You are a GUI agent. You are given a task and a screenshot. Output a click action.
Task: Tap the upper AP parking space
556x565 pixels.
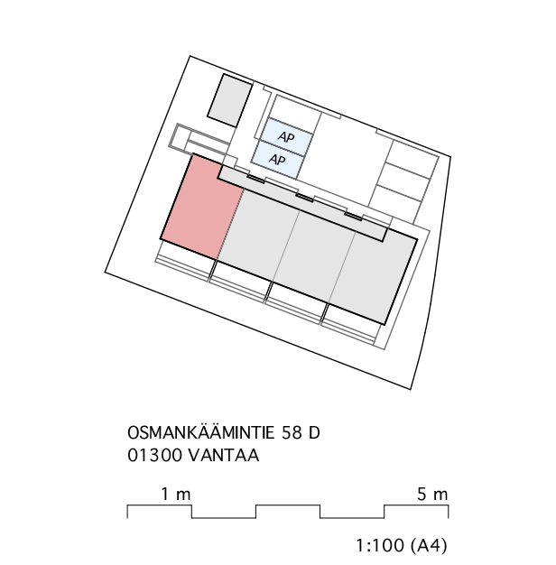pos(286,136)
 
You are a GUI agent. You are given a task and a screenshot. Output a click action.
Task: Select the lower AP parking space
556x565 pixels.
pos(277,159)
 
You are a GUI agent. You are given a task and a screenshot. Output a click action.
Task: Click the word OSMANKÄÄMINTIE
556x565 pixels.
pos(201,431)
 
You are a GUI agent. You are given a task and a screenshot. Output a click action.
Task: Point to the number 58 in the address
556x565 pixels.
pos(292,432)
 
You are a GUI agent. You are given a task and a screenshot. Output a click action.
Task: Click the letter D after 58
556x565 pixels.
pos(314,432)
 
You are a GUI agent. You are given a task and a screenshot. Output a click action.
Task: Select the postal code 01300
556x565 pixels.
pos(154,455)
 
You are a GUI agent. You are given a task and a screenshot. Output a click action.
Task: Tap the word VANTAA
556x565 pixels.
pos(224,455)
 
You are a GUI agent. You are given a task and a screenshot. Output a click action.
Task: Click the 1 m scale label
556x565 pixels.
pos(175,494)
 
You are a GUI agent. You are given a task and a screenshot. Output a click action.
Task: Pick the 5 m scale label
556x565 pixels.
pos(432,494)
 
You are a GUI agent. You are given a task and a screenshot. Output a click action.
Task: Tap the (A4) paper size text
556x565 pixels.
pos(429,545)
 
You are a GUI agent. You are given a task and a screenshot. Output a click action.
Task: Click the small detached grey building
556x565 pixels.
pos(229,100)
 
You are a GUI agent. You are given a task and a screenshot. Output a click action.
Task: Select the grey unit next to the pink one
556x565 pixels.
pos(259,235)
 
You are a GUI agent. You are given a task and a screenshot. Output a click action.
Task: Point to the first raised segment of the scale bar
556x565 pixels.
pos(159,505)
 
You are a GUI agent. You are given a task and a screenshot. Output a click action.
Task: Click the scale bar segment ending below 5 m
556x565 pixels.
pos(416,505)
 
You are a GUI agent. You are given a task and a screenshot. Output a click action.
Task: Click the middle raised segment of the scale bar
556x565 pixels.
pos(288,505)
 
